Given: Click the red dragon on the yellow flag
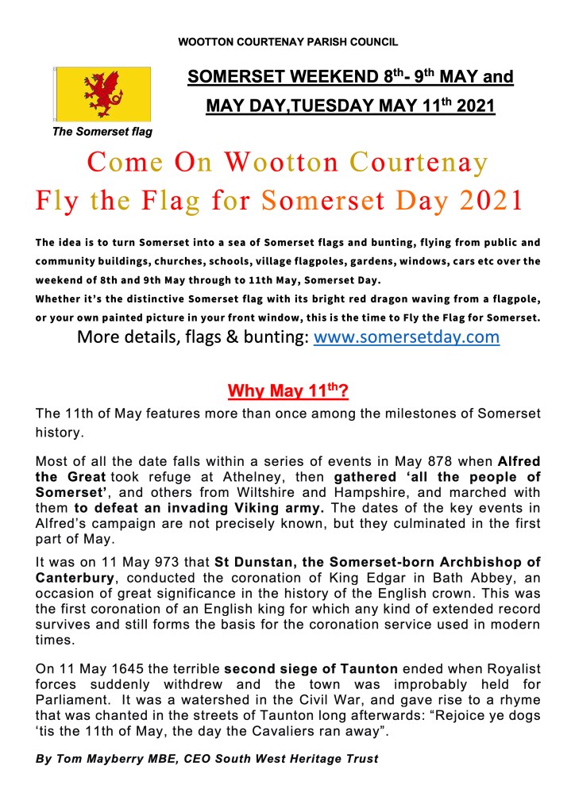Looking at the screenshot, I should [102, 94].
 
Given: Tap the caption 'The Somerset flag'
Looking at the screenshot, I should [102, 132].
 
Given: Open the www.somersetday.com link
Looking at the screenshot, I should [407, 337].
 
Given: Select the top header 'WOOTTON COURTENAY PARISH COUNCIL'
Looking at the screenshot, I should [287, 41].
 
